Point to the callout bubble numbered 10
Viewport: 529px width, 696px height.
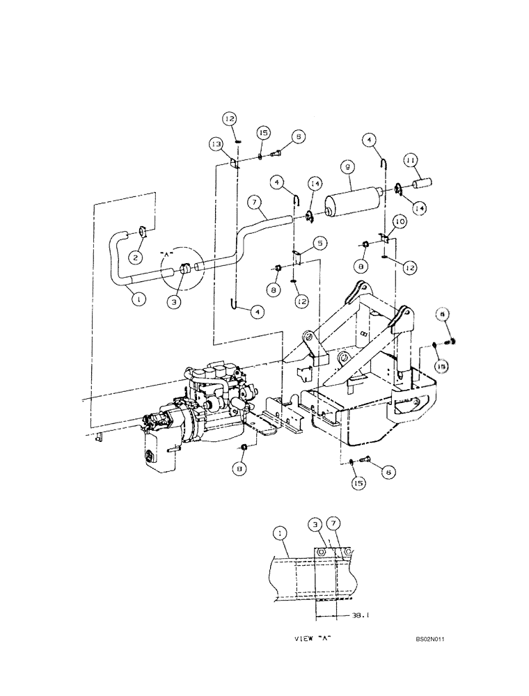399,221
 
